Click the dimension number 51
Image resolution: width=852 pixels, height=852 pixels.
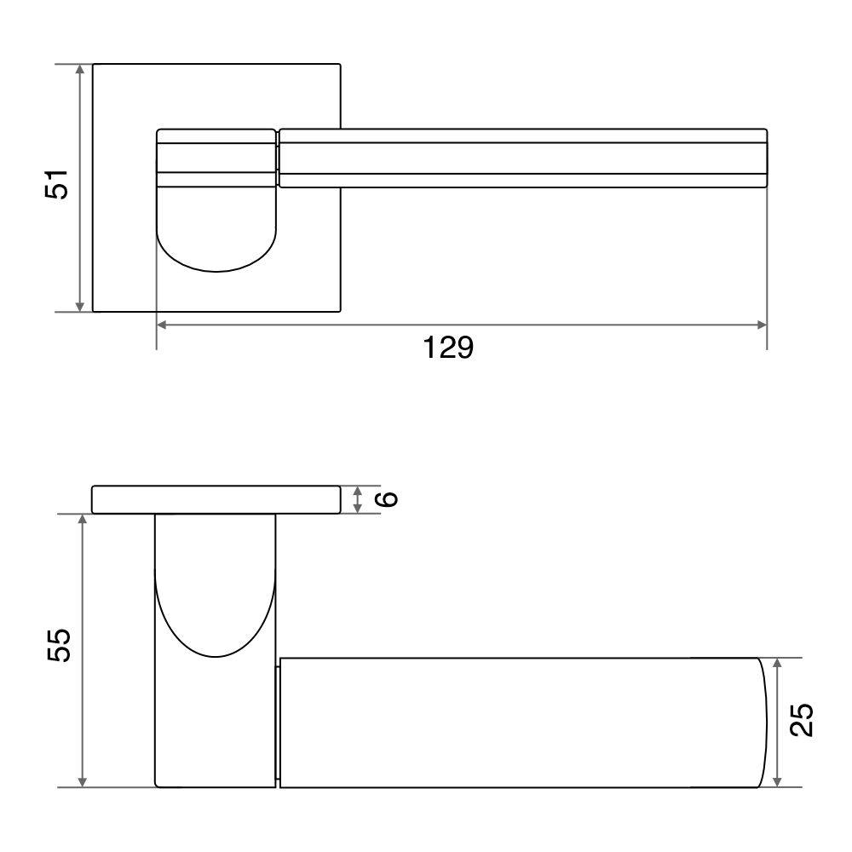pos(56,185)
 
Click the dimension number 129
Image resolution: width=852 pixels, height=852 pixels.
pos(448,348)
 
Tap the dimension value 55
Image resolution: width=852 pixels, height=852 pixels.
pos(59,645)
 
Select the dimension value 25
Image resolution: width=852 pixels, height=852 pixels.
pos(802,720)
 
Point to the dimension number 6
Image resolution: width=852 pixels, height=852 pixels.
pos(387,498)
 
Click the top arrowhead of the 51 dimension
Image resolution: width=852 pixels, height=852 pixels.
pos(80,69)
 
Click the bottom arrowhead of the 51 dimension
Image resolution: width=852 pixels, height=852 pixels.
pos(80,307)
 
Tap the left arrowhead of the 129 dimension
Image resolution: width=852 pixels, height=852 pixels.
pos(162,325)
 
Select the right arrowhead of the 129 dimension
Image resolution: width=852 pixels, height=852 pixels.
pos(761,325)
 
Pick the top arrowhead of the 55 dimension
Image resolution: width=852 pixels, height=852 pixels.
pos(82,520)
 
